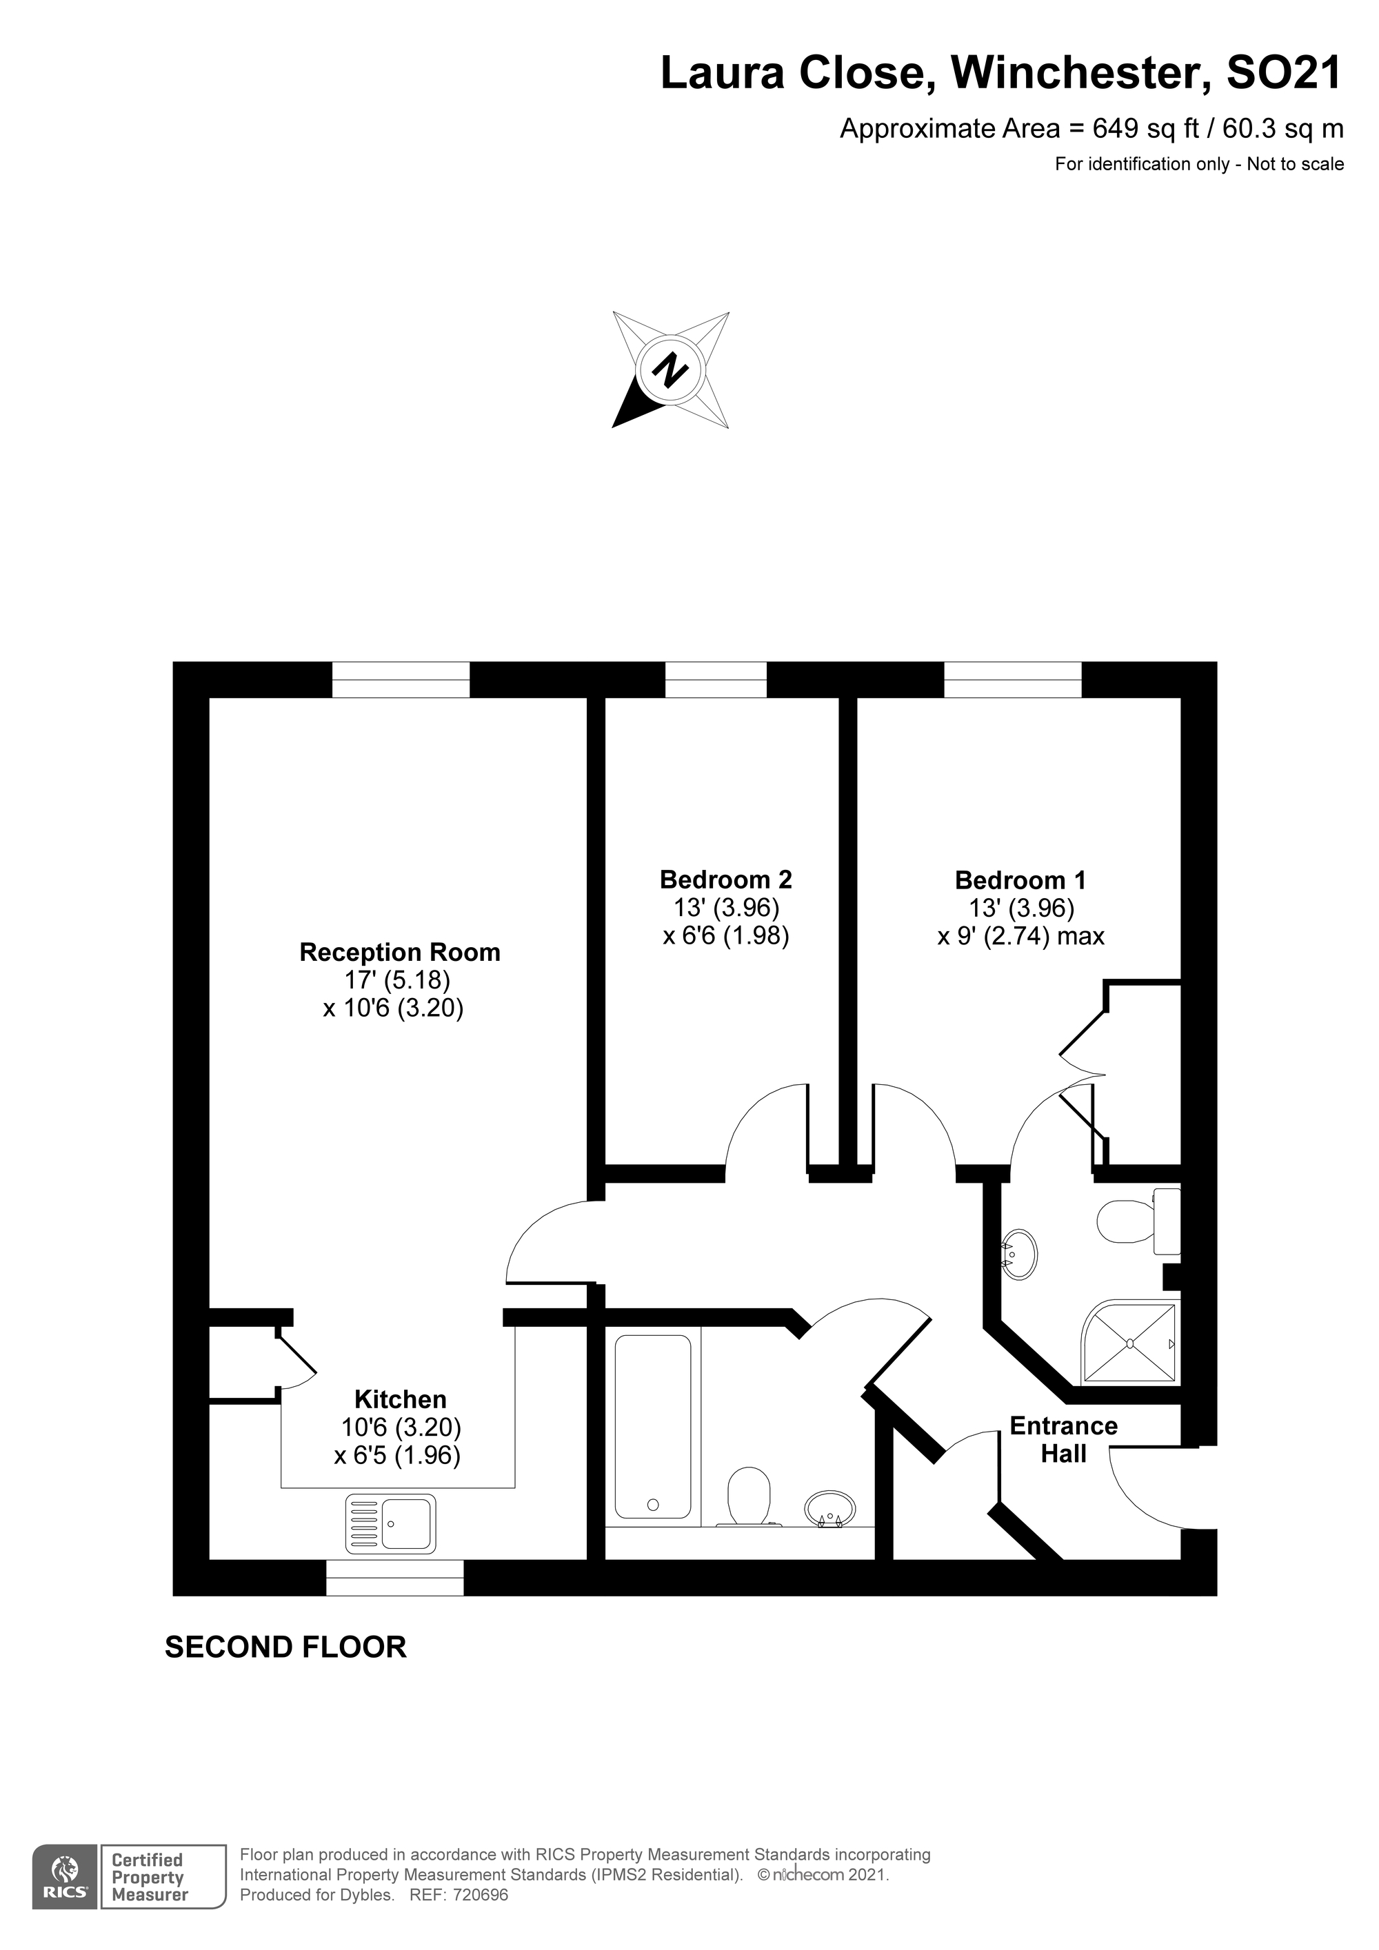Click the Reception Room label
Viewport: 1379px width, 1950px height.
point(399,952)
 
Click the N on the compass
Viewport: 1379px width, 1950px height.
point(670,369)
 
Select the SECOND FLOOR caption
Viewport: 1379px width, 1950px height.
point(285,1647)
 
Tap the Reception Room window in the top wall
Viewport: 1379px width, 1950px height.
point(400,680)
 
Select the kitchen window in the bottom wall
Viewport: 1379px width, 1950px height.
point(395,1578)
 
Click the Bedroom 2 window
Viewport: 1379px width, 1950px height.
point(716,680)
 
